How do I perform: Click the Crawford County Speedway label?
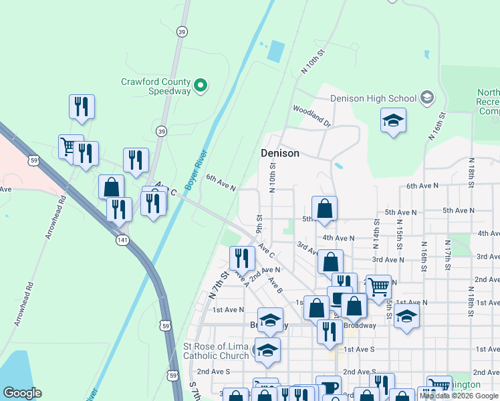coord(156,86)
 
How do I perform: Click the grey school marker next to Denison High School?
coord(427,98)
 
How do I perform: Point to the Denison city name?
coord(279,153)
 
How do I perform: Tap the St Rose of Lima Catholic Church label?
coord(216,351)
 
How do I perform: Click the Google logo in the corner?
coord(22,393)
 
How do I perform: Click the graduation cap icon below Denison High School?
coord(393,120)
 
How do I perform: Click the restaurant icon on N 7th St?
coord(241,257)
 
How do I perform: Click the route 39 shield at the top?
coord(182,31)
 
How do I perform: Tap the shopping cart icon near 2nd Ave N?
coord(378,287)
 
